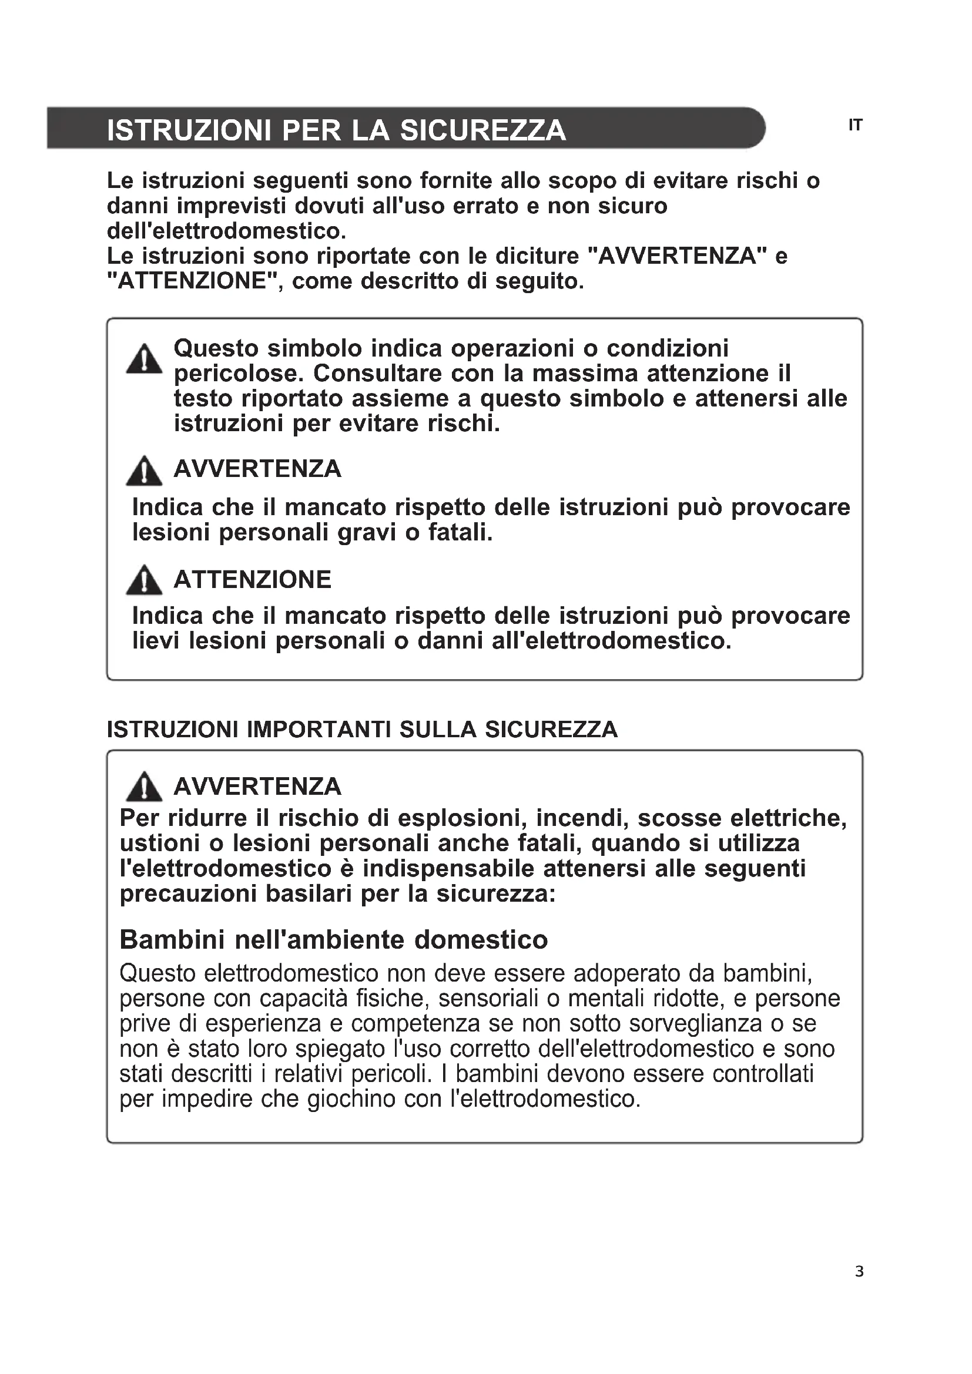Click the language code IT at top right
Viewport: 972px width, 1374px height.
855,126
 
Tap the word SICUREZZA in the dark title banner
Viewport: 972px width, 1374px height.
482,130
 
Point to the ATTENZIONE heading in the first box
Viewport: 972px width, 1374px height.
252,580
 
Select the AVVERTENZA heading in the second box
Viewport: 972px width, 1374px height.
257,787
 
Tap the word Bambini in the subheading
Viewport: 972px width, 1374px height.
172,939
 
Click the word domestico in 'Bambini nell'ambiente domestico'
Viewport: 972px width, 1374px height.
481,939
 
